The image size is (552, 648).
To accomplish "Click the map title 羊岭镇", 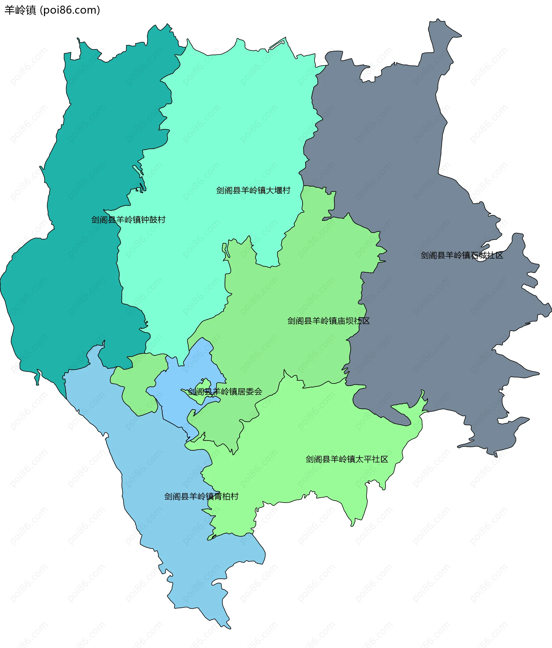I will coord(20,10).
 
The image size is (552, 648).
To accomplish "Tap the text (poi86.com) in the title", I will coord(70,10).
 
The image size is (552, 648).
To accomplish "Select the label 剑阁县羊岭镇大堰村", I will coord(253,190).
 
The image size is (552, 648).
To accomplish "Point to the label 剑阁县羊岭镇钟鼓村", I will coord(128,220).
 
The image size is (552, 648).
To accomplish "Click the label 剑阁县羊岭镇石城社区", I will coord(461,255).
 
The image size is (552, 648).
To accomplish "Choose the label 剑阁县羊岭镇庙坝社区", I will coord(329,321).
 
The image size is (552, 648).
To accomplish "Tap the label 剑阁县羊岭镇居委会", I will coord(225,392).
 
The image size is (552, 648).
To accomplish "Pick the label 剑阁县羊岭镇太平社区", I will coord(347,459).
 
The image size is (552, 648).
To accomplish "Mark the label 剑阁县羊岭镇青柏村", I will coord(201,496).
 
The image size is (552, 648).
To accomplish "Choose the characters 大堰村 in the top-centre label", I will coord(278,190).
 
